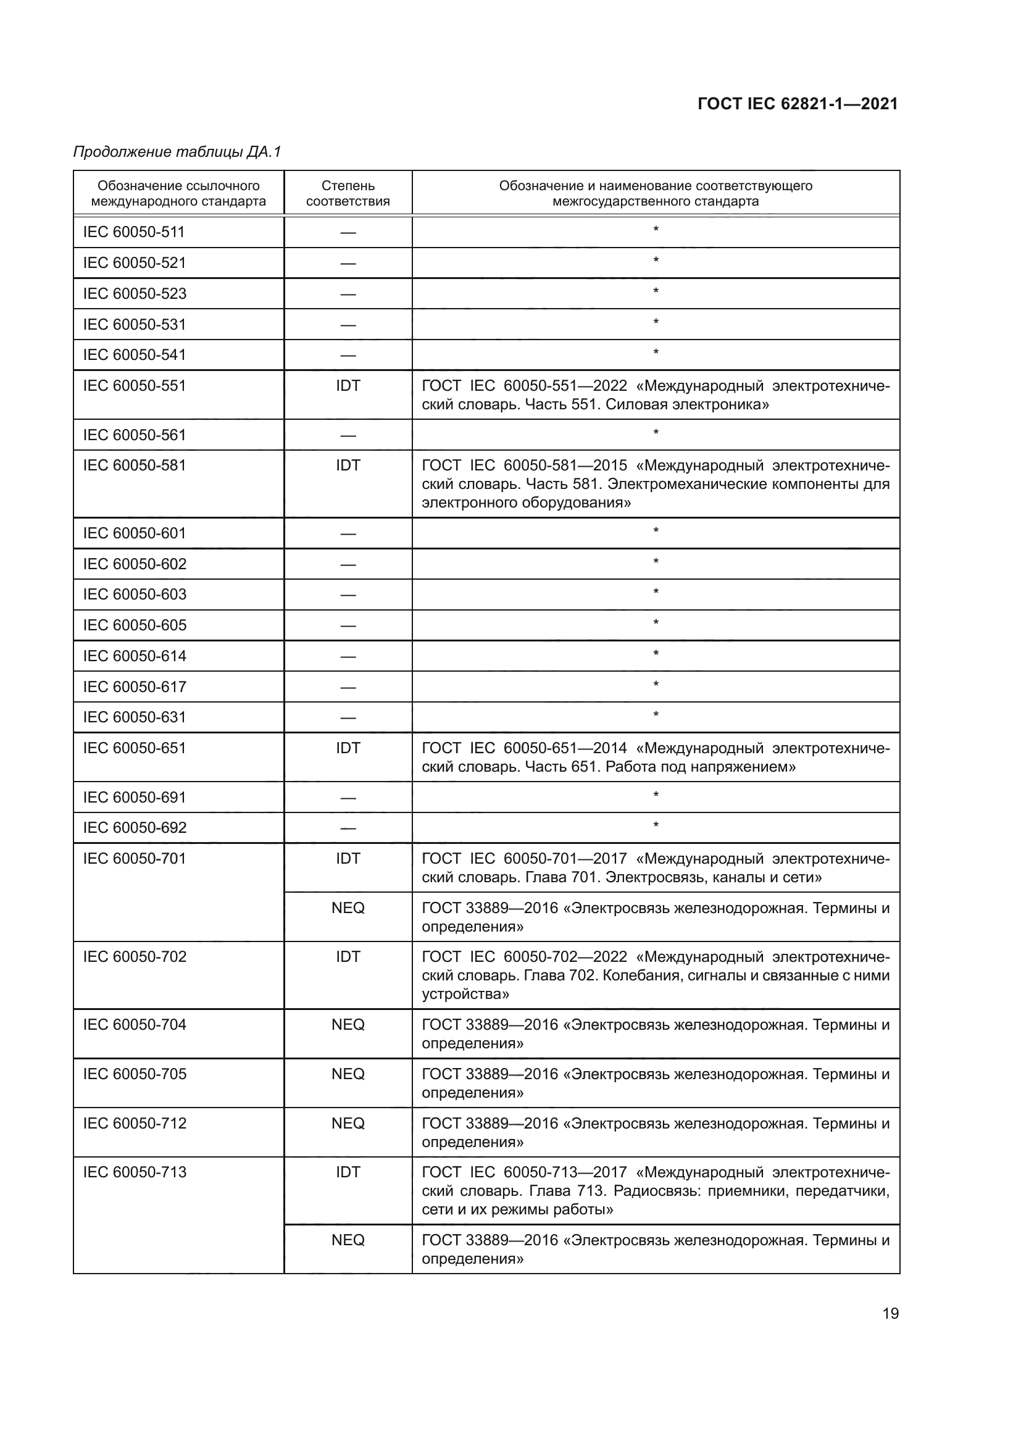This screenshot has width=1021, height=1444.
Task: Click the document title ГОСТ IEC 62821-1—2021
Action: tap(797, 104)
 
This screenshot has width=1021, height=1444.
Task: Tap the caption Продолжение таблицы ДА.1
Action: tap(177, 152)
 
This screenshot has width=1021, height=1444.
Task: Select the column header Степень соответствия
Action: tap(348, 193)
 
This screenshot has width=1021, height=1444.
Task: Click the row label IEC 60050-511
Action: tap(134, 232)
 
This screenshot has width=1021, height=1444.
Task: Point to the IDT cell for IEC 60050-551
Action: tap(348, 385)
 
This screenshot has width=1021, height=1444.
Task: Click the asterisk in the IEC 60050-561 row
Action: tap(655, 433)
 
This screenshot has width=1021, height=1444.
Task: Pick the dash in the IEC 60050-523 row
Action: tap(348, 294)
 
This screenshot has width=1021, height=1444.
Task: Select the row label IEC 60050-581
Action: tap(134, 465)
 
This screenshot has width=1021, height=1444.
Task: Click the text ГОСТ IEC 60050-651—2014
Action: tap(524, 748)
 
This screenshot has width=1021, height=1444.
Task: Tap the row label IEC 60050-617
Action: tap(135, 687)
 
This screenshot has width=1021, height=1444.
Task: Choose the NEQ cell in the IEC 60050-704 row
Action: tap(348, 1025)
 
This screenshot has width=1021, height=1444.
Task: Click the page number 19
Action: tap(890, 1313)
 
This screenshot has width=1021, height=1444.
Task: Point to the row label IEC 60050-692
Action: tap(135, 828)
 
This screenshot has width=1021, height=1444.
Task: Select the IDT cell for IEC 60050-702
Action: tap(348, 956)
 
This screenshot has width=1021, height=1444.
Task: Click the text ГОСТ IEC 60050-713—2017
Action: tap(524, 1172)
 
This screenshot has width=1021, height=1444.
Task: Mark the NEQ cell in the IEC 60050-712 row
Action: tap(348, 1123)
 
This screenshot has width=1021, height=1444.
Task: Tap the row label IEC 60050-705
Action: tap(135, 1074)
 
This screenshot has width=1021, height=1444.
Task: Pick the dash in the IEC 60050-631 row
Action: tap(348, 717)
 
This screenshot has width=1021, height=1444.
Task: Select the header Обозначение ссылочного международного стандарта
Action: tap(178, 193)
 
